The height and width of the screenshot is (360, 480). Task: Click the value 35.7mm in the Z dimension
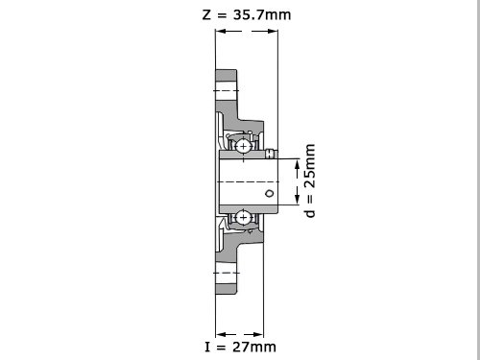tap(262, 15)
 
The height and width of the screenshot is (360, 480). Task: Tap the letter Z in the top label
tap(206, 15)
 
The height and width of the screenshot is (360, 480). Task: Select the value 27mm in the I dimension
tap(254, 347)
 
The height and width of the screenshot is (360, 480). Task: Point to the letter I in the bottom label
tap(207, 347)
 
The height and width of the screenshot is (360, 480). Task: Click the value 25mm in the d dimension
tap(309, 166)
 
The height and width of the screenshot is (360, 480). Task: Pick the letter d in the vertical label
tap(310, 212)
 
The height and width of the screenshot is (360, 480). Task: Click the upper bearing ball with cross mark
tap(243, 147)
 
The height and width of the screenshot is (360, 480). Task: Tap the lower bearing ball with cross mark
tap(243, 218)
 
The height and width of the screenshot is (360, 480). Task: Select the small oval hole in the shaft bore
tap(270, 193)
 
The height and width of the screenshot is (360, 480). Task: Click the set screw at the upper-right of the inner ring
tap(271, 154)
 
